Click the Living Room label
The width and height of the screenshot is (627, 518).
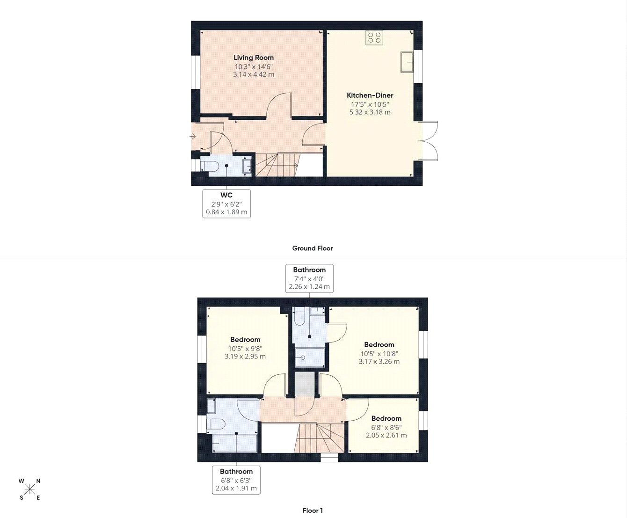(254, 58)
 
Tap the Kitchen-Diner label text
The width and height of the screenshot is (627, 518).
(370, 95)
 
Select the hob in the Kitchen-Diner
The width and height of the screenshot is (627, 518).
(374, 37)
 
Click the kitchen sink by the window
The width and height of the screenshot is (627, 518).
(407, 62)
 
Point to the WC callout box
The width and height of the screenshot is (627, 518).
(226, 204)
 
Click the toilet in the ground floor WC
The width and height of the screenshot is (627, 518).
(210, 166)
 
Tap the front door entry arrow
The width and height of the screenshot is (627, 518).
(192, 136)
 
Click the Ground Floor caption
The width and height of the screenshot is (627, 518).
(313, 248)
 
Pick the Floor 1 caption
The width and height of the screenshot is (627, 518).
(313, 511)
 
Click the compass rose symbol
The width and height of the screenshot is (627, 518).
(30, 489)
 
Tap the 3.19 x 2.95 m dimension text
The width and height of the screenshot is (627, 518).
(245, 357)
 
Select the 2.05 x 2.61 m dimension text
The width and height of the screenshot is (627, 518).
(386, 435)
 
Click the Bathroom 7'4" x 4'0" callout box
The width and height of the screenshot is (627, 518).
(309, 278)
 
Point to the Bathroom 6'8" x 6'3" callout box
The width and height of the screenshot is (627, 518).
(236, 480)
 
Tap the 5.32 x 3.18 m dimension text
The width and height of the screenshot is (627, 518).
(370, 112)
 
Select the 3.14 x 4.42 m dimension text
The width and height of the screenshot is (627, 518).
(254, 74)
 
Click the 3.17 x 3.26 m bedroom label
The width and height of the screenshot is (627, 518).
(379, 362)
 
